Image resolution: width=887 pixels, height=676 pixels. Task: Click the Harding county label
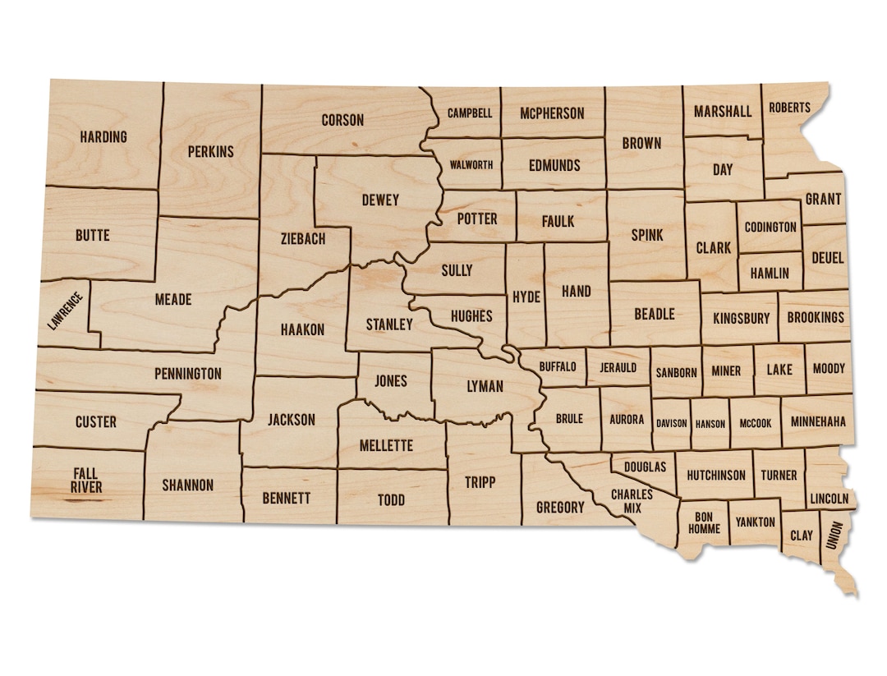click(x=103, y=136)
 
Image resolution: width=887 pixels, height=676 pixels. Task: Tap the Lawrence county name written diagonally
click(x=65, y=311)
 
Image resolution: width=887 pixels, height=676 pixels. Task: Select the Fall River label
click(x=87, y=481)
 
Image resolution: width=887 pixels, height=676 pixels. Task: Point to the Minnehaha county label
click(x=818, y=422)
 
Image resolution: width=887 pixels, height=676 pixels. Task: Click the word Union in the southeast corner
click(x=836, y=536)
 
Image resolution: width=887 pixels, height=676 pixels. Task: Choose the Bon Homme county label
click(x=704, y=522)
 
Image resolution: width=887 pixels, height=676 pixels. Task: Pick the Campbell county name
click(x=470, y=113)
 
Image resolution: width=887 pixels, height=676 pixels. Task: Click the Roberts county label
click(x=789, y=108)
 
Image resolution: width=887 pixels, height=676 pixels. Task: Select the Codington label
click(x=770, y=227)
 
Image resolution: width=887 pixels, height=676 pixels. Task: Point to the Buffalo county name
click(x=558, y=367)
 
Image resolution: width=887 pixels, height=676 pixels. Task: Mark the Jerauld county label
click(x=618, y=368)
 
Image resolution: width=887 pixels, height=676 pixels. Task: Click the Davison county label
click(x=671, y=424)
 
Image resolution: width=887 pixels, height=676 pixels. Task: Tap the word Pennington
click(x=188, y=374)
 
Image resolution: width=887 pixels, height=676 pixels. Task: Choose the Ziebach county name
click(x=302, y=239)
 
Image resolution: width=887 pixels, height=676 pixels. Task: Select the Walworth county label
click(x=471, y=165)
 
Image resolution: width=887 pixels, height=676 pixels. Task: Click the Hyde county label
click(x=526, y=297)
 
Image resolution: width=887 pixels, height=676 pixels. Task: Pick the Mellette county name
click(x=386, y=446)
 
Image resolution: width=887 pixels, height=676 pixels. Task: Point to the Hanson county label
click(x=710, y=424)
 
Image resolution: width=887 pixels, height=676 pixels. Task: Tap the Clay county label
click(x=802, y=536)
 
